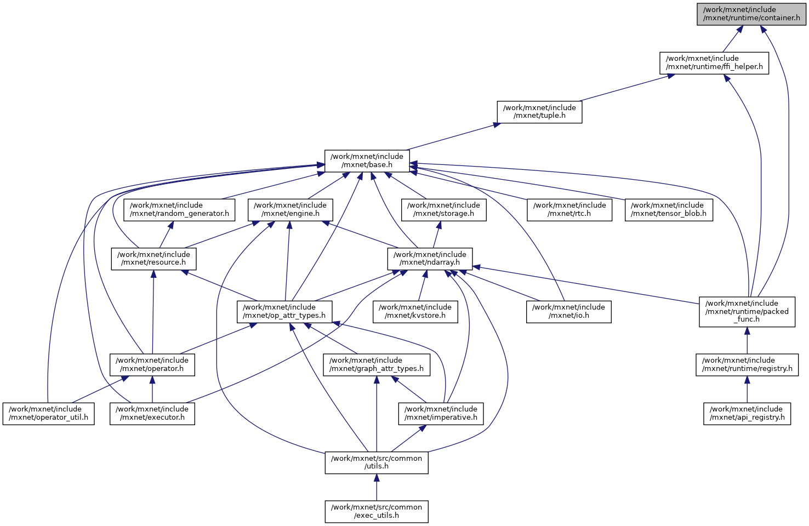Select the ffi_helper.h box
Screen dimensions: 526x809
714,62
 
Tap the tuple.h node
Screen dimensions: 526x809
539,112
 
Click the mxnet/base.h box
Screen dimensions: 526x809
367,161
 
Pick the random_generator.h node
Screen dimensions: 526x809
179,209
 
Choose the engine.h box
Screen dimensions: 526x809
290,209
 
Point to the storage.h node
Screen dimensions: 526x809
443,209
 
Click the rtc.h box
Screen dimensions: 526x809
569,209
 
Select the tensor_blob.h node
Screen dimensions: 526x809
669,209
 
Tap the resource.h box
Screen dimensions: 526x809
153,259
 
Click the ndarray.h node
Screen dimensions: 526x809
430,259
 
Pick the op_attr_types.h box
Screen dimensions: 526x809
284,311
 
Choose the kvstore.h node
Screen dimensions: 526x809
415,311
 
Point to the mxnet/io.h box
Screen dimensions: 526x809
568,311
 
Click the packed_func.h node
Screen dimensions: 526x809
747,311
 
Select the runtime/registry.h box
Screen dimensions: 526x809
747,364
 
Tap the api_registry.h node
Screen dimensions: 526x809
747,413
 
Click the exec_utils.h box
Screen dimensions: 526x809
376,511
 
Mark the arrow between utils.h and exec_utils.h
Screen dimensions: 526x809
376,487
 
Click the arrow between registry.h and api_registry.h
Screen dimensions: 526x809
747,390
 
